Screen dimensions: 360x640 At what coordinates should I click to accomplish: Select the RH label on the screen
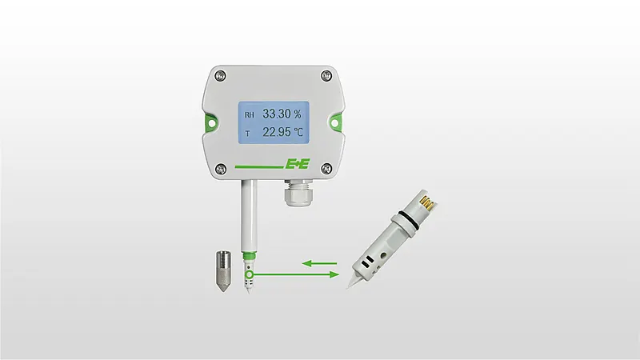(x=249, y=115)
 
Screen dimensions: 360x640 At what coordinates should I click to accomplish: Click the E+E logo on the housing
(x=296, y=165)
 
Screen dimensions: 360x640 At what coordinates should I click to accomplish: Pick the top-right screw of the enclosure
(x=324, y=77)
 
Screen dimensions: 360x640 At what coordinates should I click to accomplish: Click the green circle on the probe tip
(x=250, y=275)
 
